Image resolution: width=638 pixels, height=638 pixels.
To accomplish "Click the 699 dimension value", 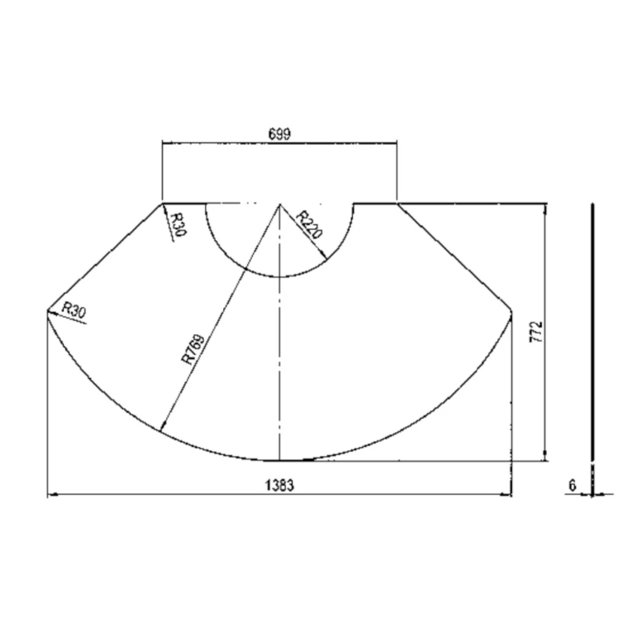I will (279, 134).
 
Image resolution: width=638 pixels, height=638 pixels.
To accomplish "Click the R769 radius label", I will (193, 350).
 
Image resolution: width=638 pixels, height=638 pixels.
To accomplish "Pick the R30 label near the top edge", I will (177, 225).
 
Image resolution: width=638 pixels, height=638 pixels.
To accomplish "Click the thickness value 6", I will (572, 484).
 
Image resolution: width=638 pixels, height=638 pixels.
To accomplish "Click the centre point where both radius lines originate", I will (280, 204).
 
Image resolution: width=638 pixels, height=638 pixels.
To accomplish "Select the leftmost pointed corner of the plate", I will (47, 311).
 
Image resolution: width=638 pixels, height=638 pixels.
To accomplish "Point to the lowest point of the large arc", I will (280, 461).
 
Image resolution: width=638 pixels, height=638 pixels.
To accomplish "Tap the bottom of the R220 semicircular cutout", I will (280, 277).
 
